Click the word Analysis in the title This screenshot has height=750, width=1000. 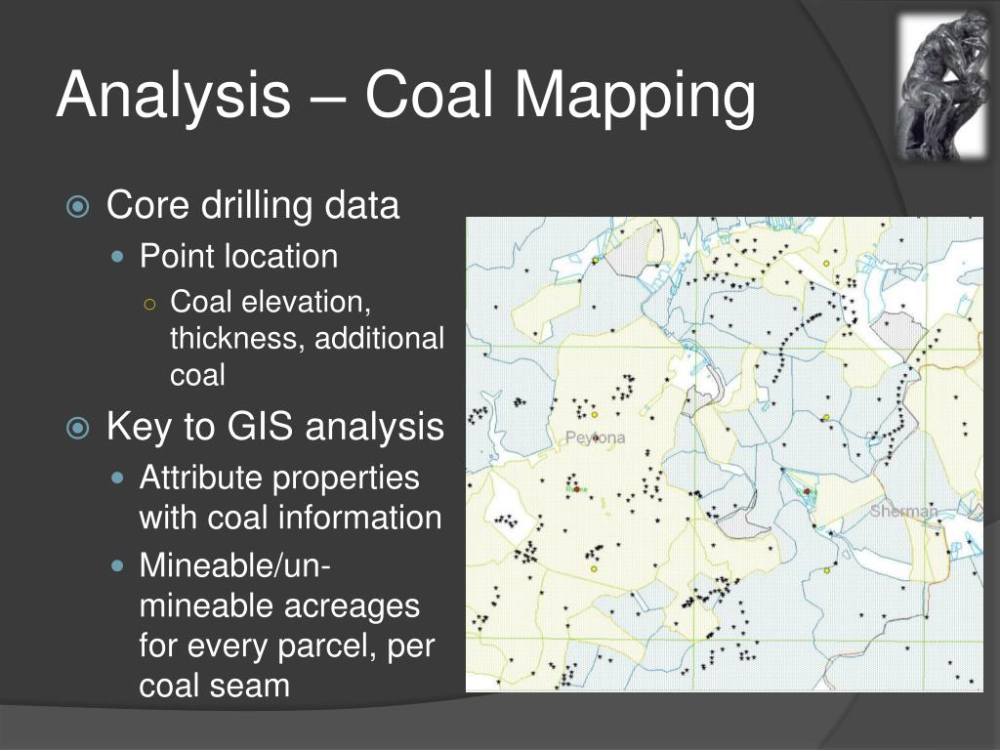[173, 97]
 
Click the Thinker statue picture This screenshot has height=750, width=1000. [943, 85]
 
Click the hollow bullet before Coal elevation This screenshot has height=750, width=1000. [149, 303]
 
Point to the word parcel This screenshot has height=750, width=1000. [318, 646]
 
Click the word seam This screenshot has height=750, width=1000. [256, 685]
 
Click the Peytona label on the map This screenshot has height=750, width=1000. [595, 437]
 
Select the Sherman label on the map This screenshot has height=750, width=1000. [903, 510]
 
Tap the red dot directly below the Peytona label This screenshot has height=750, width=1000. [576, 487]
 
